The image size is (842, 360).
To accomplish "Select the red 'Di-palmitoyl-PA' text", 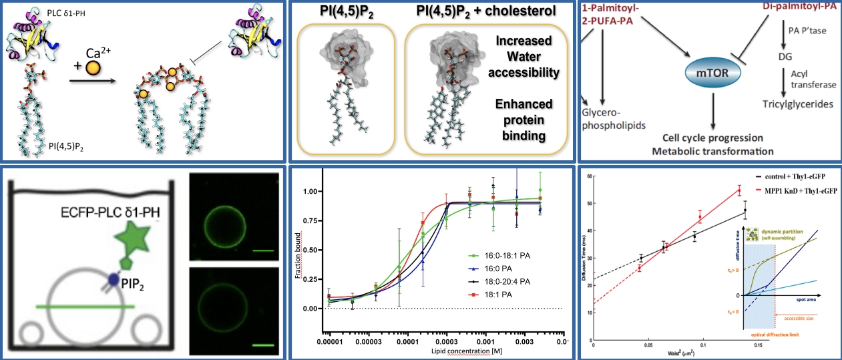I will (x=798, y=7).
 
